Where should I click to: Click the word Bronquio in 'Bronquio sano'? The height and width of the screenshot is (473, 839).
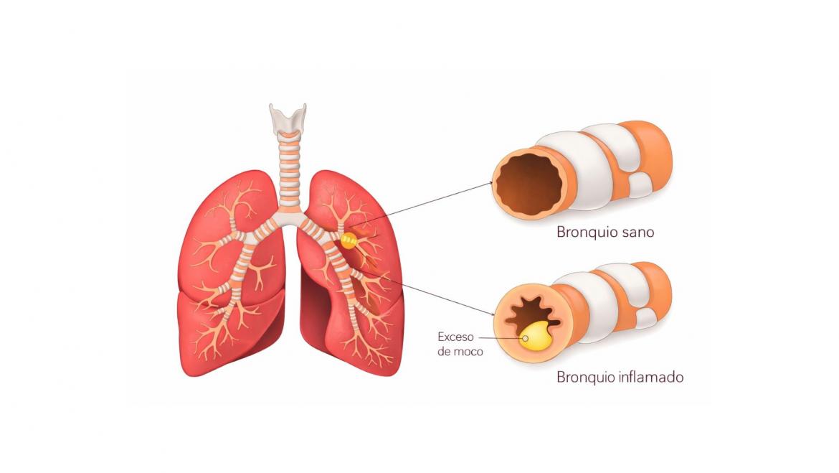point(587,232)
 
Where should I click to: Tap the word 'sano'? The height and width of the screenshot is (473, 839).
point(637,233)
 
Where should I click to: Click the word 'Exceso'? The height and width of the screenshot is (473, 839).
point(455,337)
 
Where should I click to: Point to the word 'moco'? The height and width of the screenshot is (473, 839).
point(468,352)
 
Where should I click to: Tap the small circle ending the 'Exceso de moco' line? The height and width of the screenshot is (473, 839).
point(526,338)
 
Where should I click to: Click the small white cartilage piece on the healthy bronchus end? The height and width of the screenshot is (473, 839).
point(640,184)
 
